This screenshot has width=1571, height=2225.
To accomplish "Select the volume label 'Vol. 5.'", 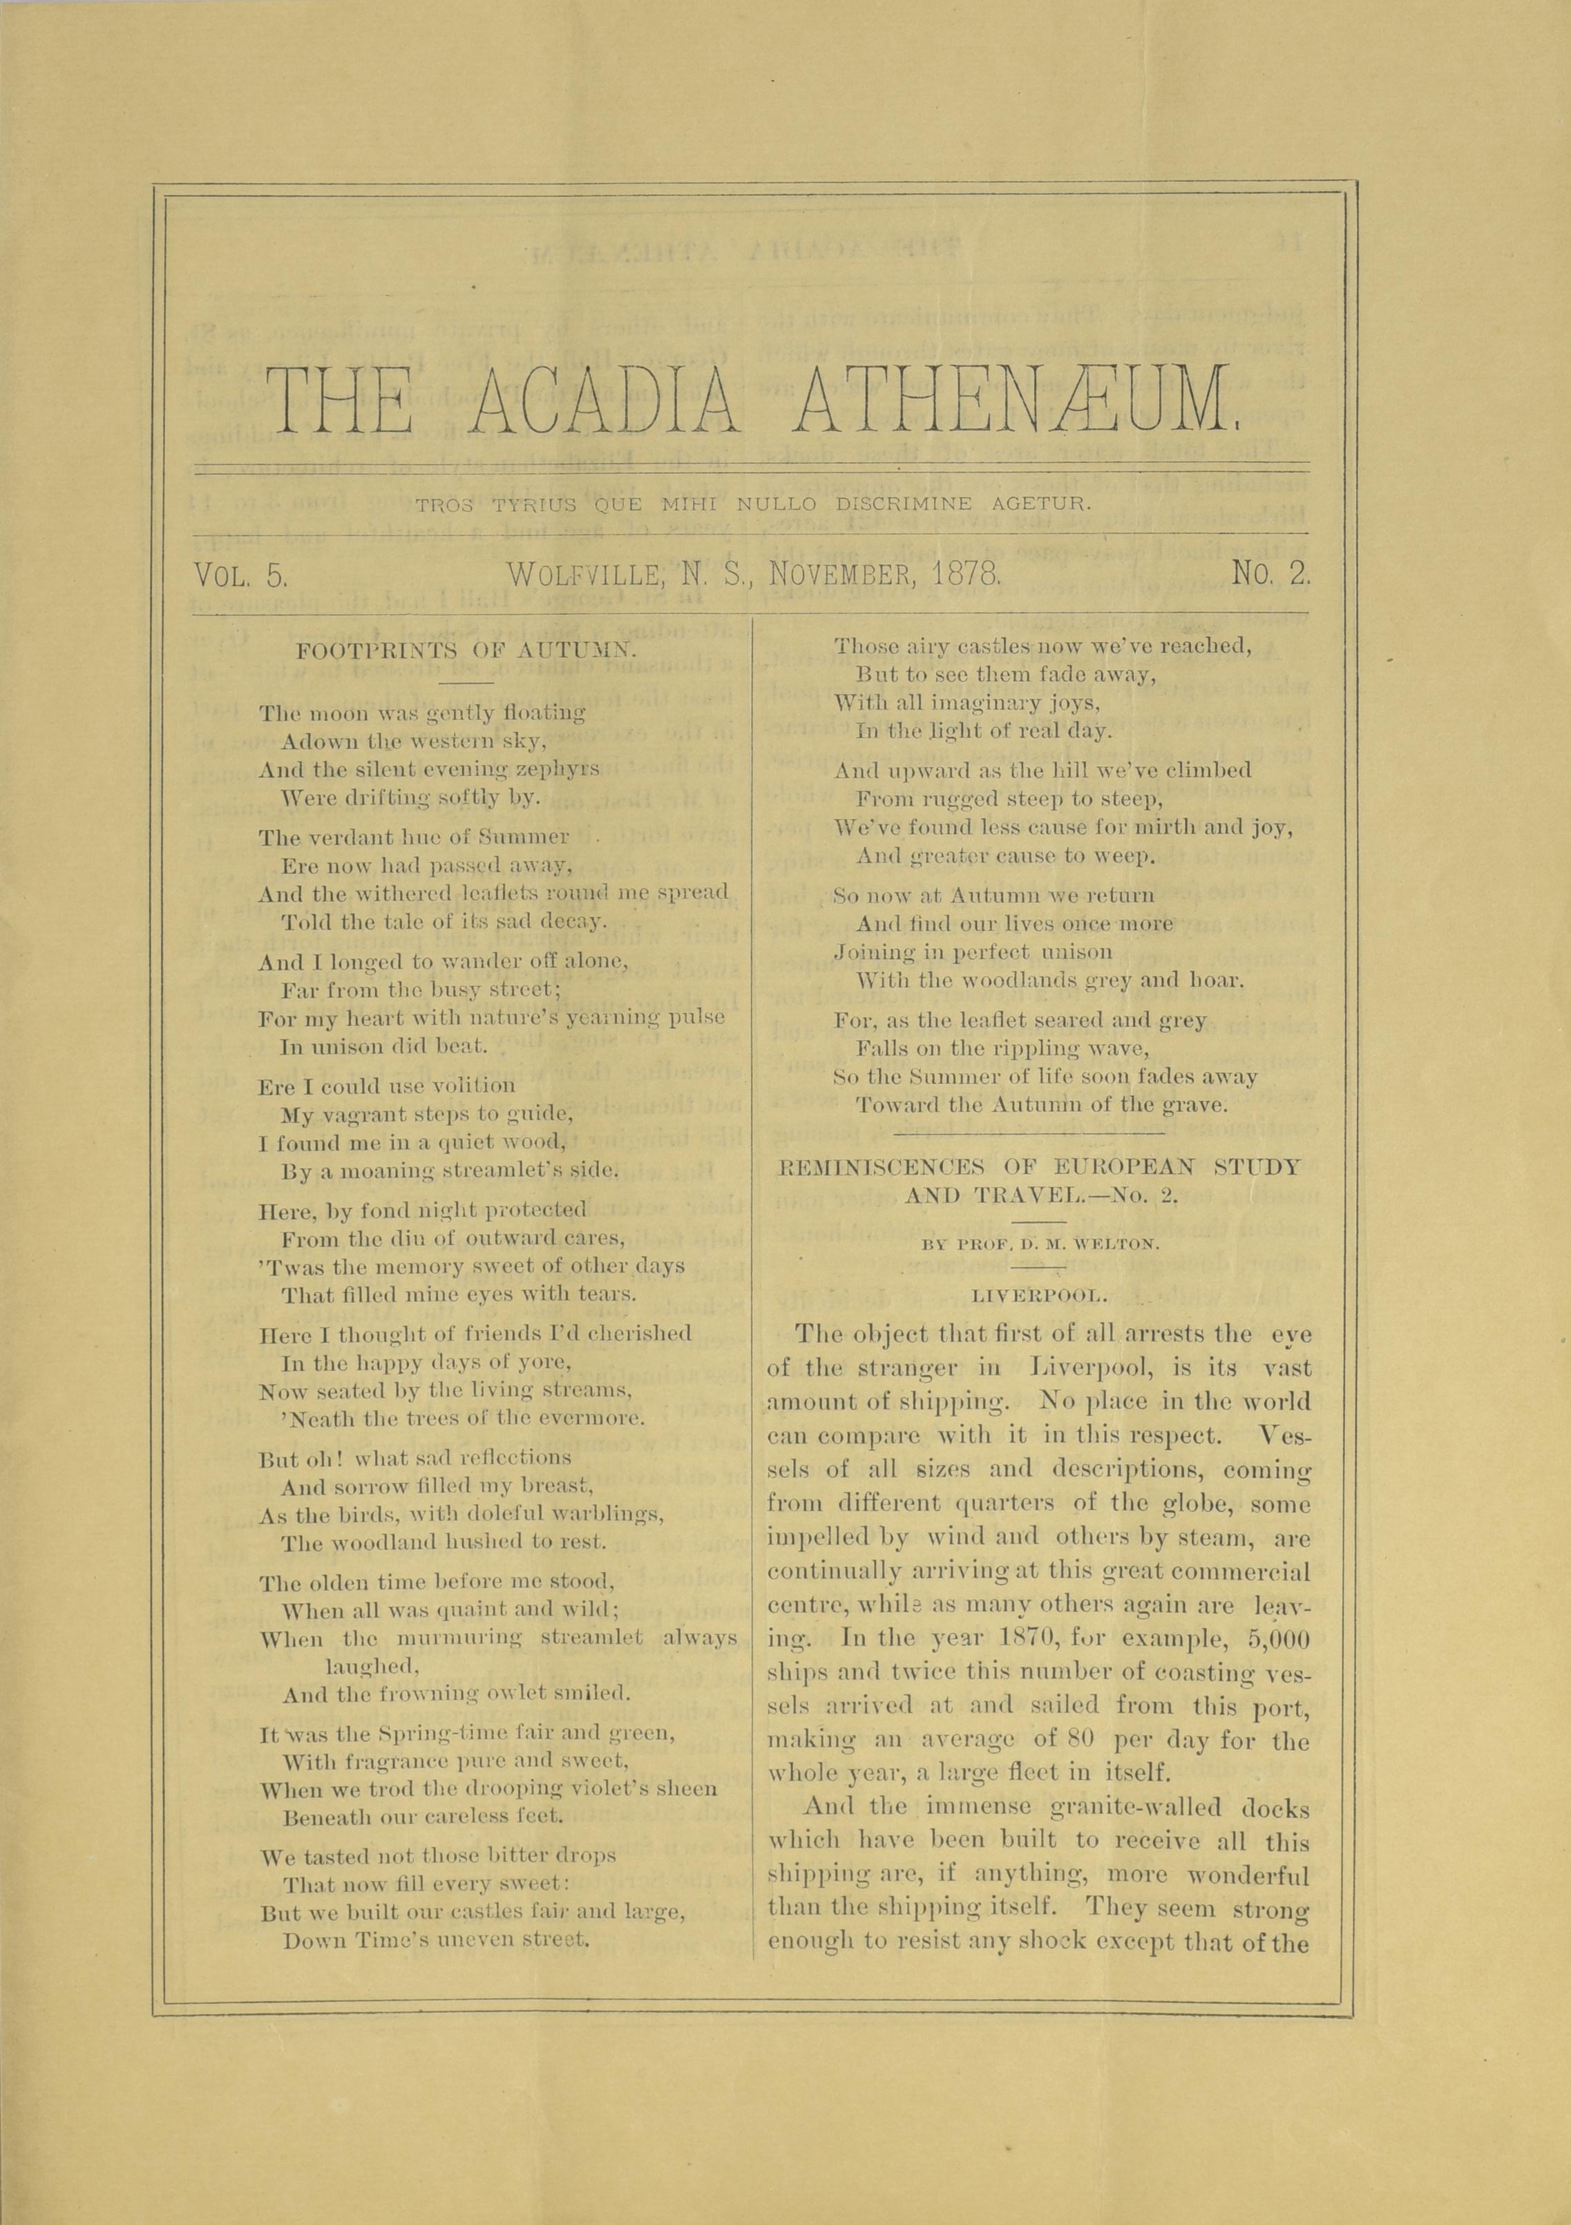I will click(240, 576).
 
